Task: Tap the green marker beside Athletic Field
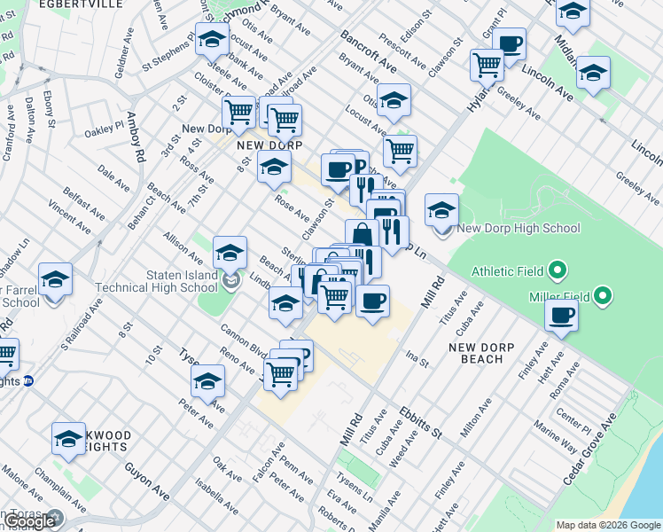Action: (x=558, y=270)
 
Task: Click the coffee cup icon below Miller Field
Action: (x=560, y=316)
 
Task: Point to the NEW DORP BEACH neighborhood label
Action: (x=476, y=353)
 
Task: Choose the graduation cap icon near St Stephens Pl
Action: (x=212, y=40)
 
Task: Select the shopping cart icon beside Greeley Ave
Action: (x=487, y=64)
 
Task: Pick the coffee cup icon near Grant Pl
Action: (x=510, y=43)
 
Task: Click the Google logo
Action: (x=30, y=521)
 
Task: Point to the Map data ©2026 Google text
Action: (x=607, y=525)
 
